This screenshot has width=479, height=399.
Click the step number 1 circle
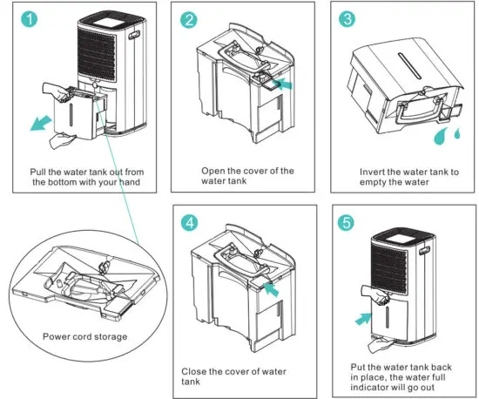tap(29, 19)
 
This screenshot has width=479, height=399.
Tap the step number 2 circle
tap(188, 20)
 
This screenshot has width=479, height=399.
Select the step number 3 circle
tap(347, 18)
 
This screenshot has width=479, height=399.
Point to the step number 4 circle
tap(189, 222)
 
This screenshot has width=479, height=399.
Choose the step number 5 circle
tap(346, 222)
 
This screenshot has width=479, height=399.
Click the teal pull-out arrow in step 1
tap(41, 123)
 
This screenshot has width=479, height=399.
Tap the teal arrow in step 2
tap(283, 84)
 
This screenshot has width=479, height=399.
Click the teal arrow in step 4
tap(271, 289)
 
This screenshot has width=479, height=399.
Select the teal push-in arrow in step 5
tap(364, 318)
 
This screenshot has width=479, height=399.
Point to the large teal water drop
tap(440, 136)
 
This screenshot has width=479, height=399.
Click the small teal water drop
tap(457, 133)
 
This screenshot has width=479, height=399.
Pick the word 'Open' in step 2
tap(213, 171)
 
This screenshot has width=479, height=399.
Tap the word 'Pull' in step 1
tap(37, 172)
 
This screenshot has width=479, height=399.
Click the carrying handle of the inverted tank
tap(420, 111)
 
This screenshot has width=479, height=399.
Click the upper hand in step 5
tap(374, 294)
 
